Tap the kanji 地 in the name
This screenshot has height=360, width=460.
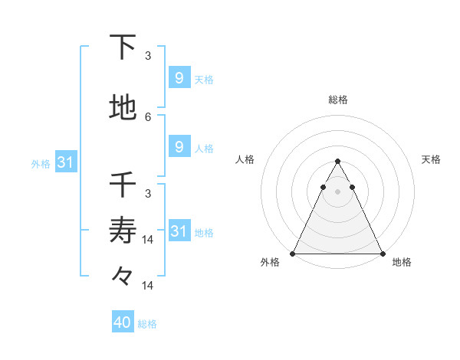[123, 108]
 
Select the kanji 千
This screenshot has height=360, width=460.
[123, 185]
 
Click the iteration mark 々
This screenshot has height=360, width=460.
[123, 274]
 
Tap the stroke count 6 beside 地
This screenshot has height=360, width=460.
[148, 116]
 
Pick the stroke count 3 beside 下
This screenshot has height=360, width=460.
[148, 55]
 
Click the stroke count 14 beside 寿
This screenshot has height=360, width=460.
[149, 239]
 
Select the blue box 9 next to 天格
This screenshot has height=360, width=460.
[179, 77]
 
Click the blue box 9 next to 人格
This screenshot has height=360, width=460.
[179, 146]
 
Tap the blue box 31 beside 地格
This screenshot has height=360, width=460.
[179, 231]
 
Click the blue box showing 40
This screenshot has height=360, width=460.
[123, 322]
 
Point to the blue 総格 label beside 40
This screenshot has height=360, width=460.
[147, 324]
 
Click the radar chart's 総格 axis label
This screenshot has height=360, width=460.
[337, 100]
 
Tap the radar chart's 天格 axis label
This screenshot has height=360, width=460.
[431, 159]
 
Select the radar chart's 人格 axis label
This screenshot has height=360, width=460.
[245, 159]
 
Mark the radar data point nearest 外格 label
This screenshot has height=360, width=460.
[293, 253]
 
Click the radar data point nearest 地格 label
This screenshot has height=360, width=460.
[382, 253]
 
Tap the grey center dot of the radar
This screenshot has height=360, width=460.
[337, 191]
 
